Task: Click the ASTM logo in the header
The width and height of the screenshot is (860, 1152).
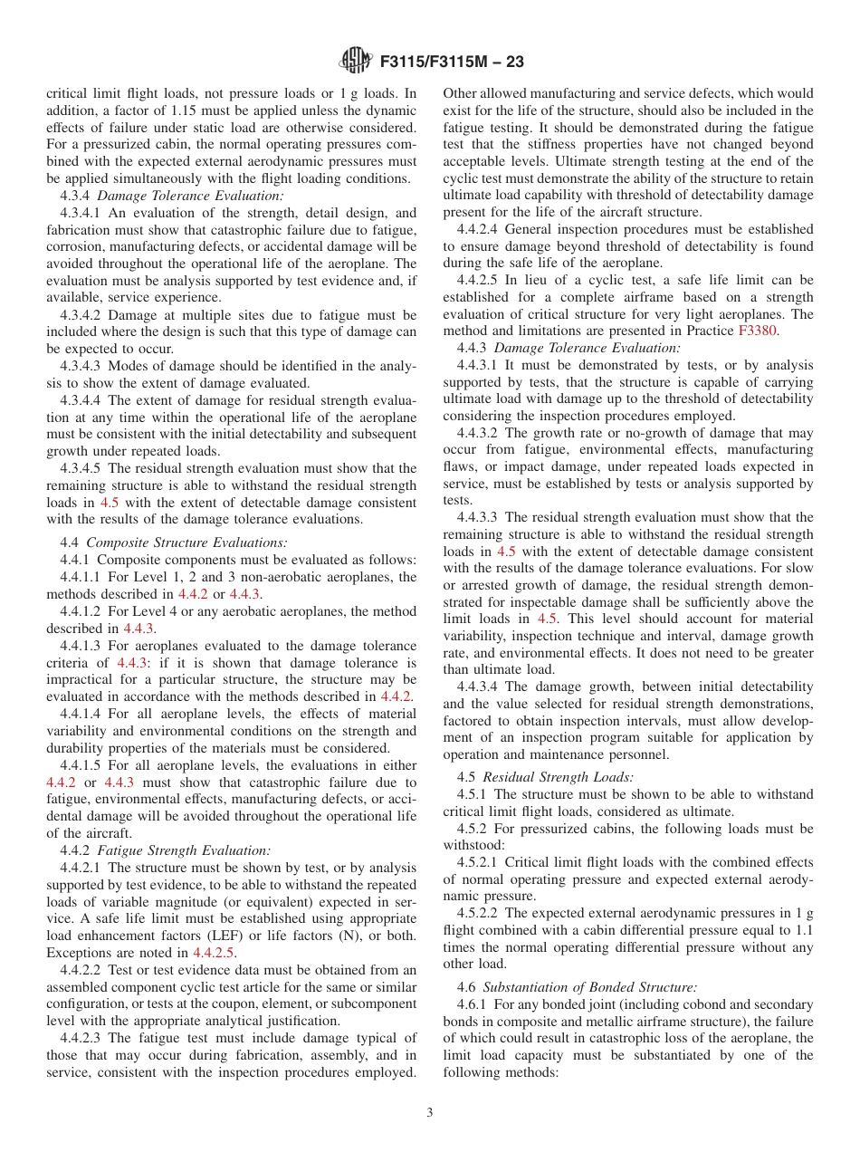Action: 354,62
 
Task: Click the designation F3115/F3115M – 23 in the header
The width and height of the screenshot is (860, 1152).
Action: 451,62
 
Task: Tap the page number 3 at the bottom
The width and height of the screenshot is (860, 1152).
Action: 429,1113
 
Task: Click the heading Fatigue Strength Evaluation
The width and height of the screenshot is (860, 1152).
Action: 184,850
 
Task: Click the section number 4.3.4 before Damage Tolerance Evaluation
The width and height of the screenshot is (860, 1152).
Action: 75,196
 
